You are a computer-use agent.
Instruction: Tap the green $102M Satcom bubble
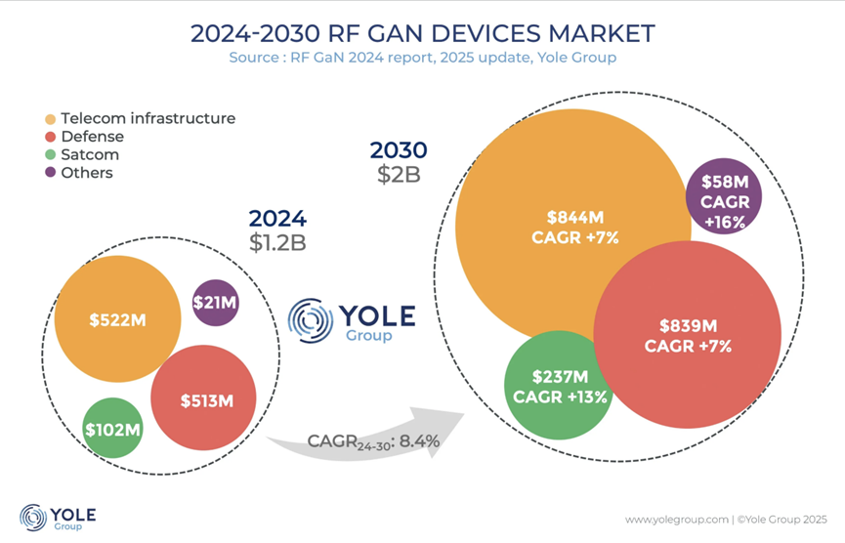coord(113,429)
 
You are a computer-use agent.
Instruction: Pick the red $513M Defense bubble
coord(203,399)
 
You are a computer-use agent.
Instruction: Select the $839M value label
coord(688,326)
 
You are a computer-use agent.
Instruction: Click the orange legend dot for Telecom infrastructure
coord(50,119)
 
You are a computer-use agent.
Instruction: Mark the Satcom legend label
coord(89,154)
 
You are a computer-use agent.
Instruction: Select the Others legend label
coord(86,173)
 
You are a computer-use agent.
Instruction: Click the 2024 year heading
coord(276,218)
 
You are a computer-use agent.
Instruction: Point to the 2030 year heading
coord(399,150)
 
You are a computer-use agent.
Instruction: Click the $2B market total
coord(399,176)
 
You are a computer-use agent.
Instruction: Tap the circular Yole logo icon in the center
coord(311,320)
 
